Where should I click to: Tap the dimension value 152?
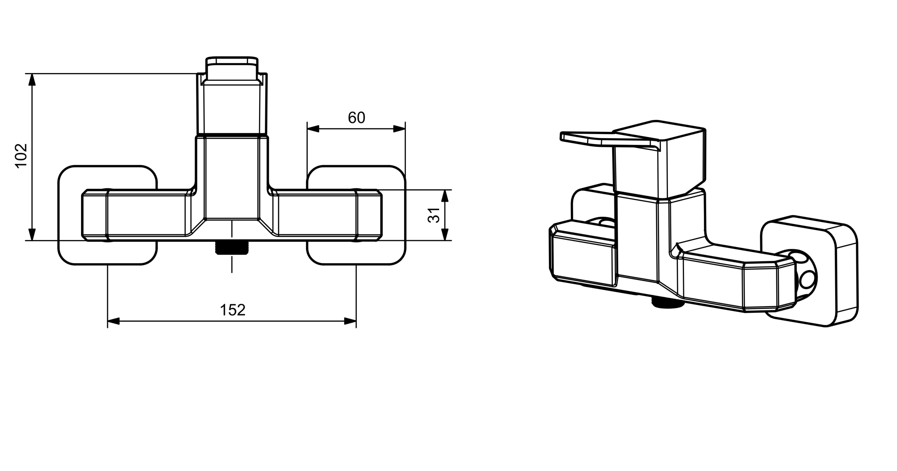pyautogui.click(x=233, y=310)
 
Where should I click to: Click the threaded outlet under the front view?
pyautogui.click(x=231, y=248)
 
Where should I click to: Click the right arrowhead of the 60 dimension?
pyautogui.click(x=399, y=129)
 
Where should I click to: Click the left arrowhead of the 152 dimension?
pyautogui.click(x=114, y=321)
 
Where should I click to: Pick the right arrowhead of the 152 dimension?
pyautogui.click(x=350, y=321)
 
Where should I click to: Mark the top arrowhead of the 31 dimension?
pyautogui.click(x=444, y=196)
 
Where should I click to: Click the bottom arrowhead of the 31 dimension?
pyautogui.click(x=444, y=234)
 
